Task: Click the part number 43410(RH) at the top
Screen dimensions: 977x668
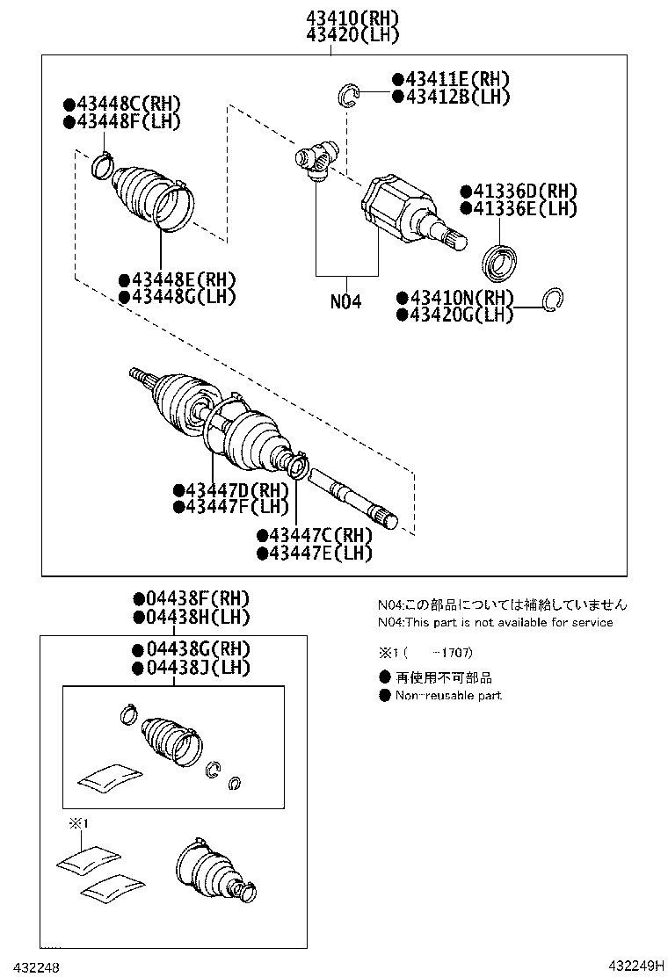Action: [x=352, y=17]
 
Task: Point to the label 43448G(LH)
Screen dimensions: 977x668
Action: [x=178, y=297]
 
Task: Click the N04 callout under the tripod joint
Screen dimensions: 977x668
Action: [x=345, y=301]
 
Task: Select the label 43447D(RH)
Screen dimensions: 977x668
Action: [x=231, y=489]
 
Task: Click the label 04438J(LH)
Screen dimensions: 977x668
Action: [x=192, y=668]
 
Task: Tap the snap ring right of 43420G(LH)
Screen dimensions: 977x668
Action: [x=553, y=300]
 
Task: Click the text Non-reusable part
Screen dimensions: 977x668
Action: [x=448, y=695]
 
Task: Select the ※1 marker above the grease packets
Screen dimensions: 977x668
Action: [x=81, y=823]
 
